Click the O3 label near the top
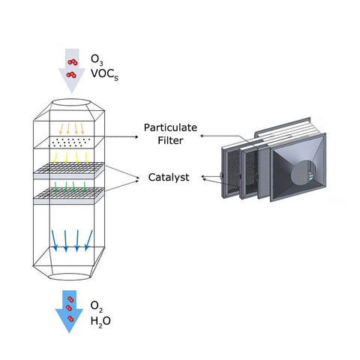point(97,60)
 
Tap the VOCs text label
point(104,74)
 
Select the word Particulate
point(170,127)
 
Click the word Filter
point(170,140)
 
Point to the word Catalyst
point(169,178)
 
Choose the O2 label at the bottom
point(97,306)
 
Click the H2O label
point(100,321)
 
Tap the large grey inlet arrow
point(72,70)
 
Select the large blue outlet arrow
point(69,311)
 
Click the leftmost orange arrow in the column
point(61,128)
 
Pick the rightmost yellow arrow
point(86,157)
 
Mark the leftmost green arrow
point(55,187)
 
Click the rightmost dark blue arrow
point(88,241)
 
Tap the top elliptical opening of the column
point(71,103)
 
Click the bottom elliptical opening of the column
point(70,277)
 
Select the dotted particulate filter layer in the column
point(69,142)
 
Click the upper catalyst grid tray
point(69,170)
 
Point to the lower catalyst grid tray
point(69,196)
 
